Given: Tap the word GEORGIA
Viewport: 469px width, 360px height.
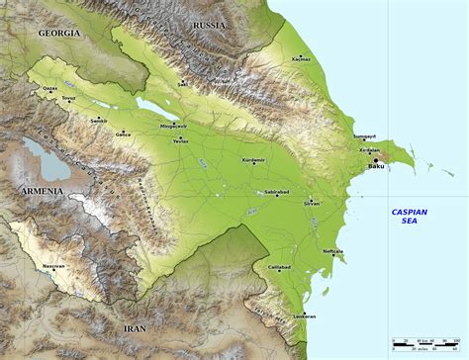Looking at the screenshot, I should click(58, 33).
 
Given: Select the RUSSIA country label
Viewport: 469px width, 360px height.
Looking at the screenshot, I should click(209, 24).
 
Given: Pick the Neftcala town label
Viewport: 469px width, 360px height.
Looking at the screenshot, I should click(332, 251).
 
